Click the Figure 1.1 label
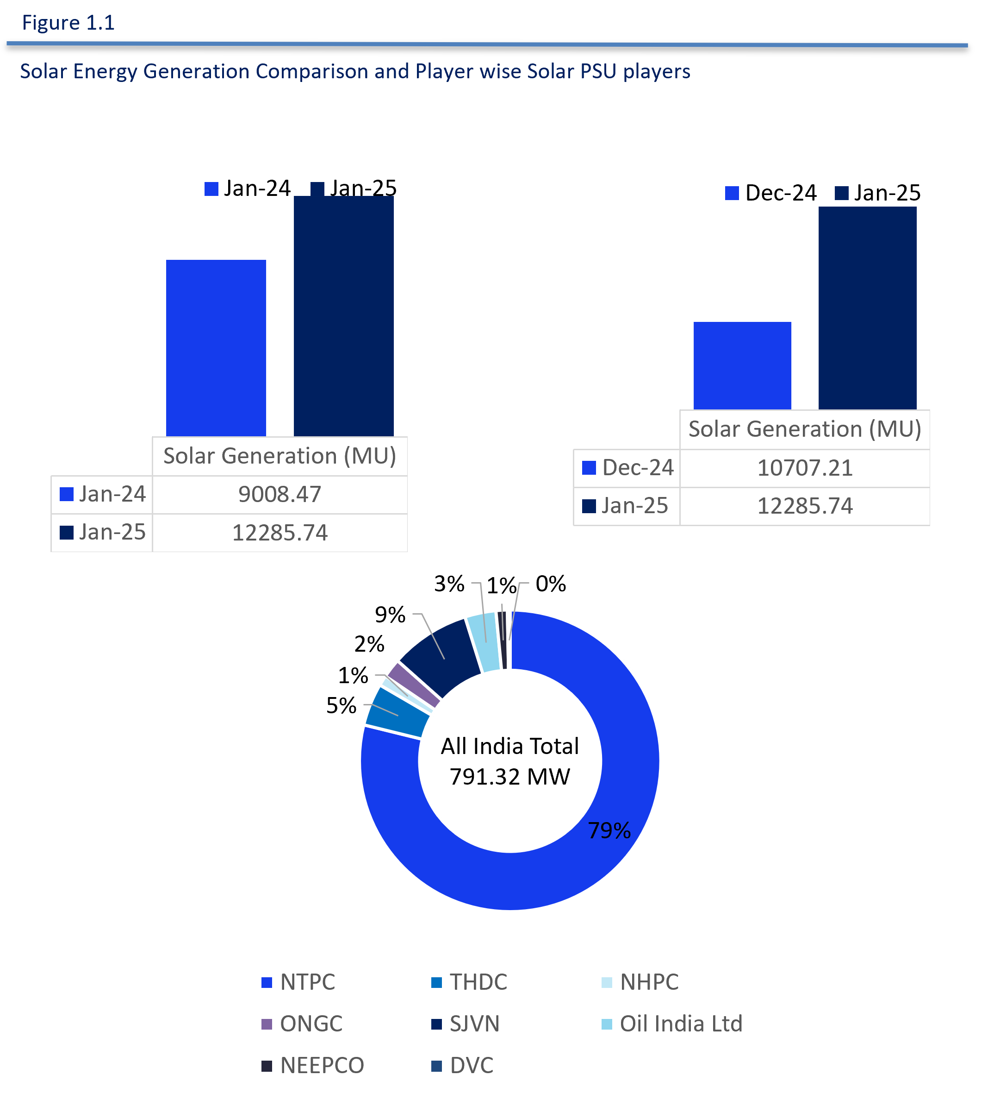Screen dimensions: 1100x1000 coord(68,23)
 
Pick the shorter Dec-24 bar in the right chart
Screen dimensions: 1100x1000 coord(742,365)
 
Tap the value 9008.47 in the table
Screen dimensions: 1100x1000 coord(280,494)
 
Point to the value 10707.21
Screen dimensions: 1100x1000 coord(805,468)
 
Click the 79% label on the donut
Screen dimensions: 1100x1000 coord(609,830)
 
